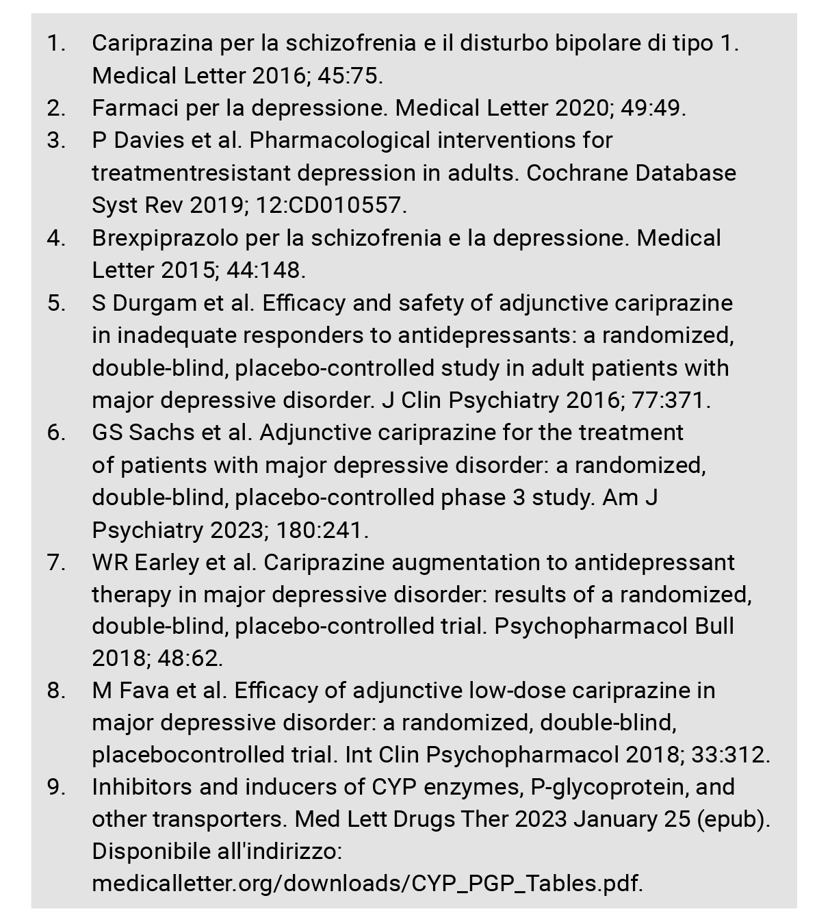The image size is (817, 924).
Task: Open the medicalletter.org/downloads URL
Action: click(x=367, y=884)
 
